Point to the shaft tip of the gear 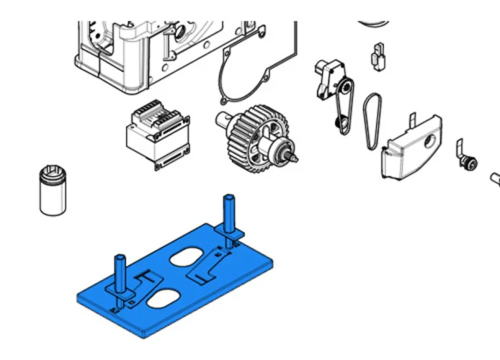295,154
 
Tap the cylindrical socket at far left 53,189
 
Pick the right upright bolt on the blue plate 229,214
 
